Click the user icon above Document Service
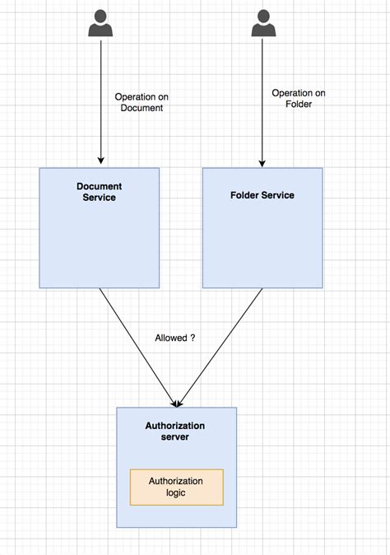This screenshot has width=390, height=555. tap(100, 25)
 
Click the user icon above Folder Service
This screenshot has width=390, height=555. tap(262, 25)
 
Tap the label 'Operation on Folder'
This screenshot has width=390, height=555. tap(298, 99)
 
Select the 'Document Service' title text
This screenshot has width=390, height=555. tap(99, 192)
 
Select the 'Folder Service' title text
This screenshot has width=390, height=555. tap(262, 195)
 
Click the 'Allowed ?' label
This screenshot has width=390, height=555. tap(174, 338)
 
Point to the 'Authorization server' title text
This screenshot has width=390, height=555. tap(175, 431)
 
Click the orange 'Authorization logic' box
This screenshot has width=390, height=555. tap(176, 487)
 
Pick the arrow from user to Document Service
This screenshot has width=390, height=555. tap(100, 99)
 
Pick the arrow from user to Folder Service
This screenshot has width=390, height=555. tap(262, 99)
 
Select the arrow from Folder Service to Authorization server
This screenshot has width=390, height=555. tap(221, 346)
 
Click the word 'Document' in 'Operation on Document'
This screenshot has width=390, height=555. tap(142, 108)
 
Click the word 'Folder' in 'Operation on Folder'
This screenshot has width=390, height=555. tap(299, 105)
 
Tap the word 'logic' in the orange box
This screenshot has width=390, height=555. tap(176, 492)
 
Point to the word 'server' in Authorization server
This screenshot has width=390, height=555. tap(175, 436)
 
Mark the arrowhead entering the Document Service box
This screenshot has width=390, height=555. tap(100, 161)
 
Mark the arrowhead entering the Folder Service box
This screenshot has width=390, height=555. tap(262, 161)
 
